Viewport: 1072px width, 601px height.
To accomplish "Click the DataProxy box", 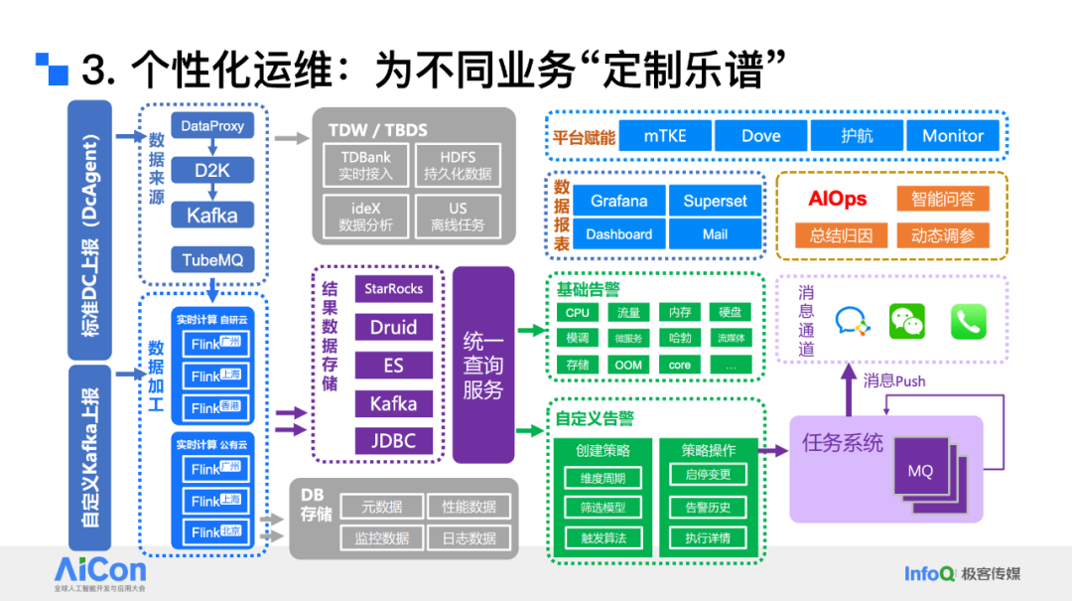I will [x=212, y=126].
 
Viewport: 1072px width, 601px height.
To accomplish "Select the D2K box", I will [x=212, y=170].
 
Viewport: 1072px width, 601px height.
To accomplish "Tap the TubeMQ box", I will [x=212, y=260].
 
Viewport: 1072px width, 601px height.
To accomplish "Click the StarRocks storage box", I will [x=394, y=289].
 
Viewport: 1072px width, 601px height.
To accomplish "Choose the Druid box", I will [x=394, y=327].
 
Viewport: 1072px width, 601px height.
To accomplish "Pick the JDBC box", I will [x=394, y=440].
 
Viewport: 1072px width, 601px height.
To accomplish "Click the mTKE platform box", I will [x=664, y=136].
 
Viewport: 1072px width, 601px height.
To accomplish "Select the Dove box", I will [x=760, y=136].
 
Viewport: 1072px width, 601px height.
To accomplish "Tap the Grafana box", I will [x=618, y=201].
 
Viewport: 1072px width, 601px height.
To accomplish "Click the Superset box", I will [x=715, y=201].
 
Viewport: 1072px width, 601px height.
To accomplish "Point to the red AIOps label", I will [x=837, y=199].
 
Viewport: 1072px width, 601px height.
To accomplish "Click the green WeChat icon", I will [x=906, y=320].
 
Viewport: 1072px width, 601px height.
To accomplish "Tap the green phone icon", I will [x=968, y=321].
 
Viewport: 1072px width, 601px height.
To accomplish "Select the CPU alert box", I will [x=578, y=313].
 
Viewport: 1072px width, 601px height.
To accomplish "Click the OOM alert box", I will [x=628, y=365].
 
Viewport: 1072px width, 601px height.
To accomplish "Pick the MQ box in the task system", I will [x=920, y=471].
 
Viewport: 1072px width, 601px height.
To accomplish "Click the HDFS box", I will [x=458, y=166].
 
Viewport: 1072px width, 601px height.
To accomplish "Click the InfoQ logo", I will [x=929, y=573].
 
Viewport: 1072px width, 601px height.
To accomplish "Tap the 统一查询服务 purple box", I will [x=483, y=365].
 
